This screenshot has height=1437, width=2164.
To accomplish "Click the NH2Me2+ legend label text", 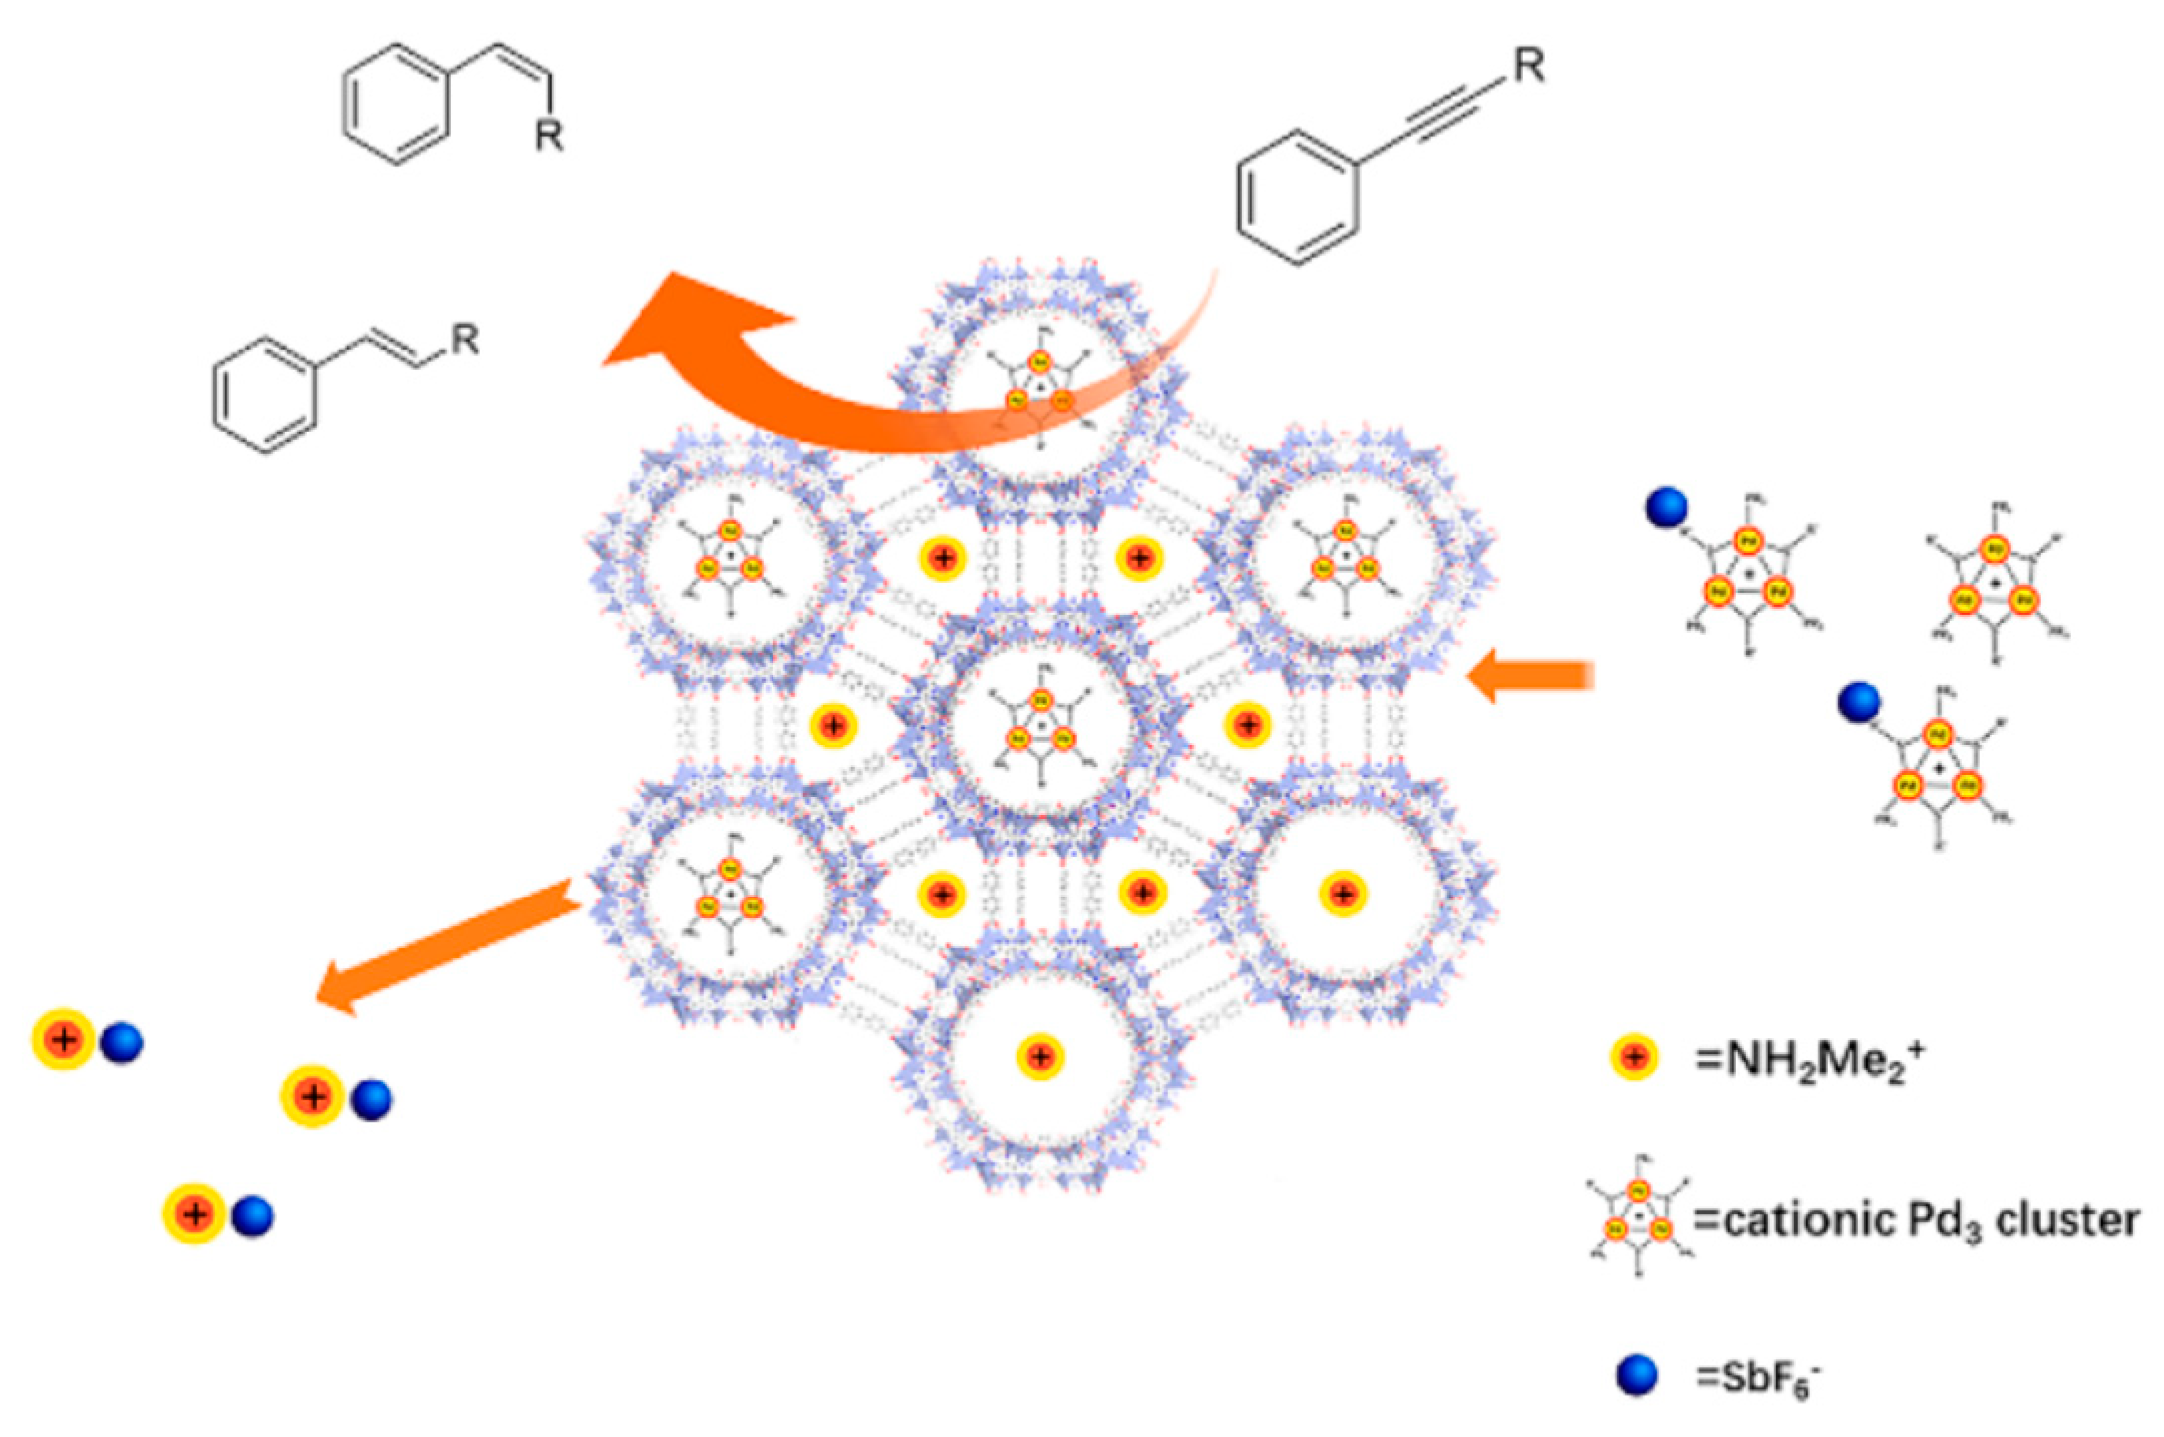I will click(1809, 1060).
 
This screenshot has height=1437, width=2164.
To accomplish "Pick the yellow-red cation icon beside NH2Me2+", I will click(1634, 1058).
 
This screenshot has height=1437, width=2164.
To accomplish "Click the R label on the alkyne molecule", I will click(1528, 67).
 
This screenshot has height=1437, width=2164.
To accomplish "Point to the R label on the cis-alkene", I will click(549, 134).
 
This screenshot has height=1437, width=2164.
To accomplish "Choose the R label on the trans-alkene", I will click(464, 340).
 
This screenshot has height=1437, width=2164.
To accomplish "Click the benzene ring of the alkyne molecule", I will click(1297, 198).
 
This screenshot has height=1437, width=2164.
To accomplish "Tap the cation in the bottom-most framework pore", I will click(1040, 1056).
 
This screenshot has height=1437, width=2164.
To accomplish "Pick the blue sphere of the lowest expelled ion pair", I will click(252, 1216).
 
